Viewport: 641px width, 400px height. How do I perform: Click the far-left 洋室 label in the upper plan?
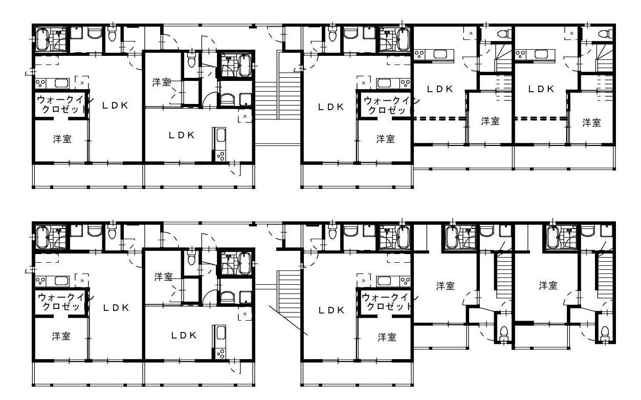[x=62, y=139]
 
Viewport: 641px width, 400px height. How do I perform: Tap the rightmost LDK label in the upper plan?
[x=541, y=89]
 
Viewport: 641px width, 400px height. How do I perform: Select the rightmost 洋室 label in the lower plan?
[x=548, y=285]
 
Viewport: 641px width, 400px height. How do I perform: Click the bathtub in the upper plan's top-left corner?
[x=42, y=39]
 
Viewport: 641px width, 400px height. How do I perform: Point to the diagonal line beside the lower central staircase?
[x=289, y=320]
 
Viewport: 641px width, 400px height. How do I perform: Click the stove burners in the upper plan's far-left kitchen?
[x=40, y=83]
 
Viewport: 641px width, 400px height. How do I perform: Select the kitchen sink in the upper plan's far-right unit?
[x=541, y=54]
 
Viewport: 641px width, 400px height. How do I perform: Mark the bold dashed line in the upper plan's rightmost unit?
[x=541, y=118]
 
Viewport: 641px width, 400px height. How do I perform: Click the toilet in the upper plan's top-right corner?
[x=604, y=34]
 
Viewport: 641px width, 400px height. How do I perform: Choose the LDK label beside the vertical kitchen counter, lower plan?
[x=184, y=335]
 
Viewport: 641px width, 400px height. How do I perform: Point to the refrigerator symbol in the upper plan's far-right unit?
[x=571, y=33]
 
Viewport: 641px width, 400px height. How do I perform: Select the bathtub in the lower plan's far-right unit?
[x=552, y=237]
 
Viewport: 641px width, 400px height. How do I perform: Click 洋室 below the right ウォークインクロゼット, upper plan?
[x=386, y=139]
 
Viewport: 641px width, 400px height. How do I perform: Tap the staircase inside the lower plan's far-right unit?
[x=604, y=275]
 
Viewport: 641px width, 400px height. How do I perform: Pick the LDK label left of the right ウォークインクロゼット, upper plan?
[x=331, y=107]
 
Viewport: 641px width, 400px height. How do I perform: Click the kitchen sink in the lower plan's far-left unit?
[x=61, y=281]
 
